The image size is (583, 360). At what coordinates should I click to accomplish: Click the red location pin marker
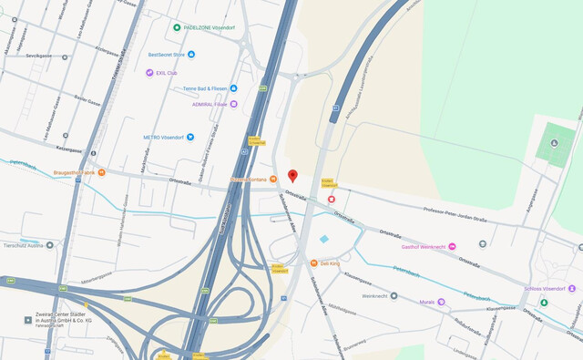click(x=292, y=175)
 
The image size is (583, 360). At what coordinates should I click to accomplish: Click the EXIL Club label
click(x=166, y=73)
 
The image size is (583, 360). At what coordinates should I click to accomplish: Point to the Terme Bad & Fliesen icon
click(x=233, y=88)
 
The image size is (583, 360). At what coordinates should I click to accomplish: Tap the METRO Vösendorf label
click(x=163, y=138)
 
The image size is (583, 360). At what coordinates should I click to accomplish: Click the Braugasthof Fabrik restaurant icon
click(x=101, y=171)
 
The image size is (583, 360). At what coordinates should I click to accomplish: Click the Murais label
click(x=426, y=302)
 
